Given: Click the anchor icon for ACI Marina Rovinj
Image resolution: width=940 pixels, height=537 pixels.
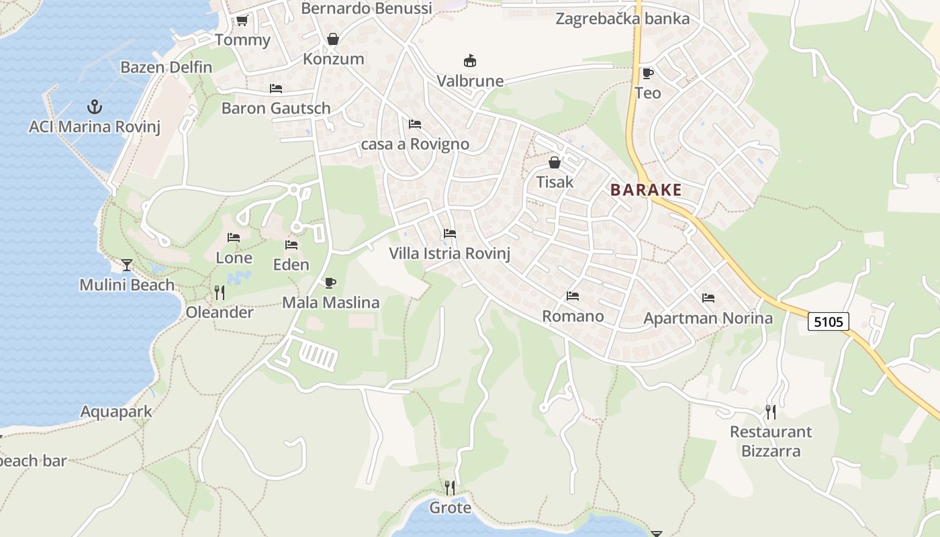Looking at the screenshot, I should click(x=95, y=106).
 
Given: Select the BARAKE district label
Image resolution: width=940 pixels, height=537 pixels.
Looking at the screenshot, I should click(x=646, y=190).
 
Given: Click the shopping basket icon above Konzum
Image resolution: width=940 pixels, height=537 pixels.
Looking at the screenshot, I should click(x=332, y=39).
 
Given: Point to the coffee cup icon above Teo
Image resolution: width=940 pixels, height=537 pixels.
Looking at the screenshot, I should click(x=647, y=73).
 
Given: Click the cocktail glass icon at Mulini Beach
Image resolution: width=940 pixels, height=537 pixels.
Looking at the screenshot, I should click(x=127, y=264).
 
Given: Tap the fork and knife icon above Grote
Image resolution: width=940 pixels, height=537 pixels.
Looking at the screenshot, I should click(x=450, y=487).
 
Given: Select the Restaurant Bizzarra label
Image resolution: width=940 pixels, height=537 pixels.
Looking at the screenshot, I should click(x=771, y=441).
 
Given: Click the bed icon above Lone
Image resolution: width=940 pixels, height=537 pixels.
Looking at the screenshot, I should click(x=234, y=238).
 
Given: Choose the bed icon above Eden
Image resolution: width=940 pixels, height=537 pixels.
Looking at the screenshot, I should click(x=291, y=245).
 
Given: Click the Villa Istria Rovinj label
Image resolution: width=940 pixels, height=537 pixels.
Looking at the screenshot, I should click(x=450, y=254).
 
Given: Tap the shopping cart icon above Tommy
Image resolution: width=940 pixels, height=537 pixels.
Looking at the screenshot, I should click(x=242, y=21).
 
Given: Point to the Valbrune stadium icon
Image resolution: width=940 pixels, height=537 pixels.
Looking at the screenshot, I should click(x=469, y=61).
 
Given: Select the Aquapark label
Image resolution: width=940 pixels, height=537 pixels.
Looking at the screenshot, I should click(x=116, y=411).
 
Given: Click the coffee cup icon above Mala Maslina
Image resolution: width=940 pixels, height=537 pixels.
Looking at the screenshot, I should click(x=330, y=283).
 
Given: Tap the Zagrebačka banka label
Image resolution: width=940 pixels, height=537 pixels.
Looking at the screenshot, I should click(x=622, y=18).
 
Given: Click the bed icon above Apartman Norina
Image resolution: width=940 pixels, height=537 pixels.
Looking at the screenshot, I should click(x=708, y=298).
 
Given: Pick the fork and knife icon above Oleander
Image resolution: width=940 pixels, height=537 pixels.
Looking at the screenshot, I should click(x=219, y=292).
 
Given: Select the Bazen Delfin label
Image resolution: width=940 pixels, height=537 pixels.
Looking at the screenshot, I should click(x=166, y=67).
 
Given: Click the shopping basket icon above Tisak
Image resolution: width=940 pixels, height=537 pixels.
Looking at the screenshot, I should click(x=555, y=162).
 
